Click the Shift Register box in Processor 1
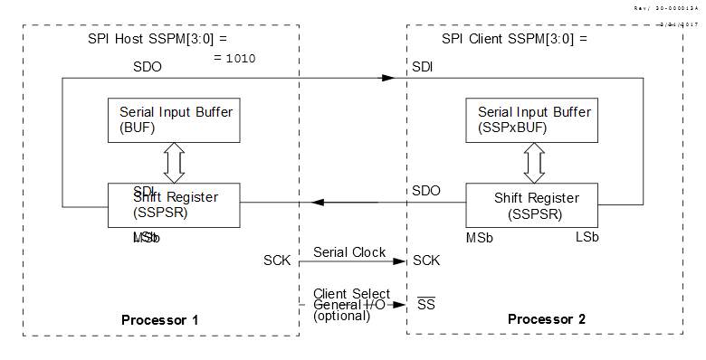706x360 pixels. coord(175,205)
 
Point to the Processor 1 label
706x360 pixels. coord(159,320)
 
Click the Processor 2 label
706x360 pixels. coord(547,320)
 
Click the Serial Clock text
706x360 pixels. coord(349,252)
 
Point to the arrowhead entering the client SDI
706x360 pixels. coord(388,78)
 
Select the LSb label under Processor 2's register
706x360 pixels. coord(587,237)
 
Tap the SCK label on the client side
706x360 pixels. coord(426,261)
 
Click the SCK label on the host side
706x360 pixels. coord(278,261)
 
